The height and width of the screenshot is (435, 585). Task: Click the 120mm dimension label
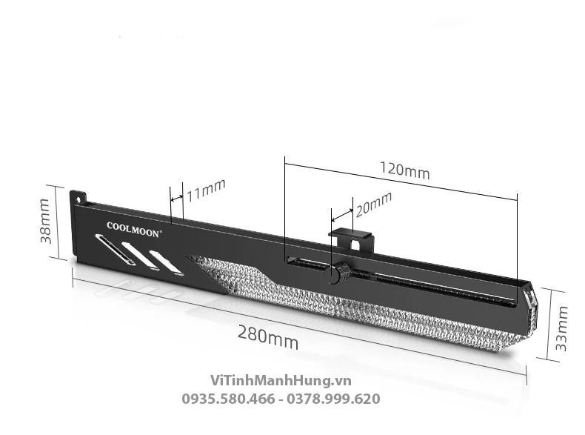tap(405, 170)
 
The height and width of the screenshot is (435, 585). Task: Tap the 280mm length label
tap(268, 337)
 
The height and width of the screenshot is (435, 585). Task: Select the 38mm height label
tap(45, 222)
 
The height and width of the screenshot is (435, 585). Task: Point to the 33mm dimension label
tap(561, 328)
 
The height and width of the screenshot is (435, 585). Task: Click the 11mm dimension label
tap(206, 190)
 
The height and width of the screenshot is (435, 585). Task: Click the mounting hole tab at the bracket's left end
tap(78, 197)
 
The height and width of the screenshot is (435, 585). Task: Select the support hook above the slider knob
tap(350, 240)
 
